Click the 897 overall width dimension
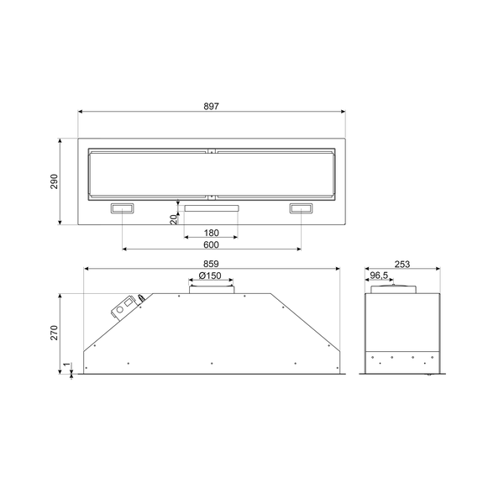click(x=211, y=106)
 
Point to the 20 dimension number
click(x=173, y=219)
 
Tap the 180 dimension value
click(x=211, y=232)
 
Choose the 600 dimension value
click(x=211, y=245)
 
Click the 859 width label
click(x=211, y=265)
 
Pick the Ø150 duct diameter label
click(x=211, y=276)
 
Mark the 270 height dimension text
click(x=55, y=333)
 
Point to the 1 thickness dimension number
click(x=66, y=366)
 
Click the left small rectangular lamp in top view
click(x=123, y=208)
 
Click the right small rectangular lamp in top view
click(x=301, y=208)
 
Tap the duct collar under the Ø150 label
click(x=211, y=289)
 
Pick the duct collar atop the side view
click(x=395, y=289)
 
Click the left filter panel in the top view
click(x=148, y=175)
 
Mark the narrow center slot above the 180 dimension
click(x=212, y=207)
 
